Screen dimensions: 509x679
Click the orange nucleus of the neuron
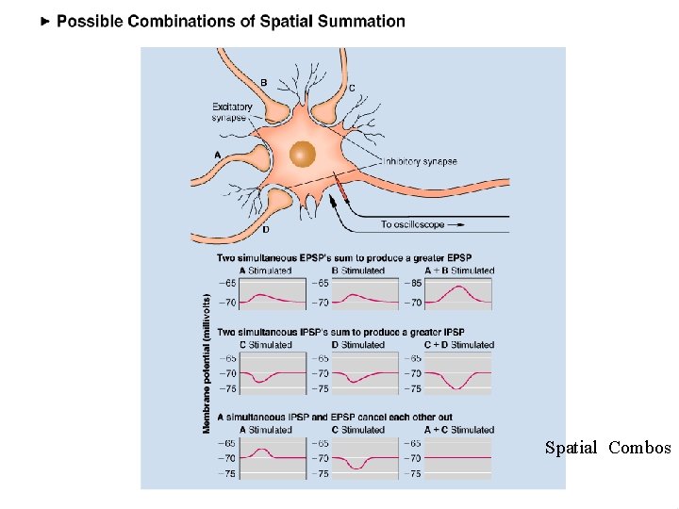303,153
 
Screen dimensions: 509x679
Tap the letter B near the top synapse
263,83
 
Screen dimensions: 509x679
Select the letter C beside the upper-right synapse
352,88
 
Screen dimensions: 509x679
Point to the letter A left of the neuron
218,155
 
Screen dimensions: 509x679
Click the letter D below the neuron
265,229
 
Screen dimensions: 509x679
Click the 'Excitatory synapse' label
232,112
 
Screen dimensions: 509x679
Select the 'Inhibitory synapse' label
420,161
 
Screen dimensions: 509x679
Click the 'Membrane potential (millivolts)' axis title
207,364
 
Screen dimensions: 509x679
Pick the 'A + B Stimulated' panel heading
458,271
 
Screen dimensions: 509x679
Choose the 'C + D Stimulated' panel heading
458,345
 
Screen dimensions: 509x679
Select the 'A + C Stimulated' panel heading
458,430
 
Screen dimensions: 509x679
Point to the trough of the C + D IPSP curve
458,388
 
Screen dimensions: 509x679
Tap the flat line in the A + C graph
458,458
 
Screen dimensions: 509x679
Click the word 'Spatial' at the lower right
571,448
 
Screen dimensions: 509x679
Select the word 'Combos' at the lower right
639,448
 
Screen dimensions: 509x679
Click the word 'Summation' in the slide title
357,21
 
